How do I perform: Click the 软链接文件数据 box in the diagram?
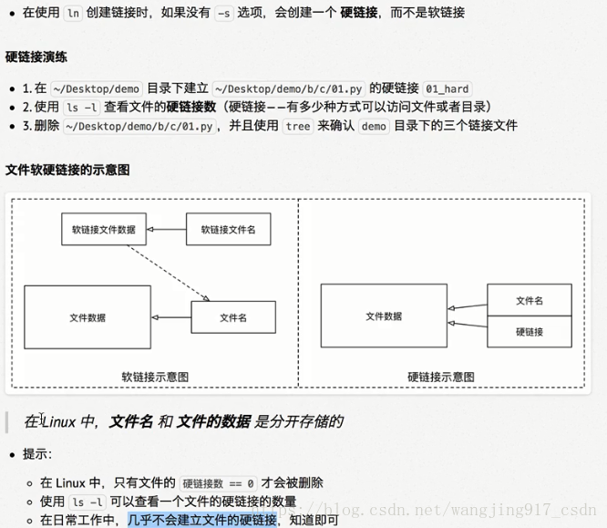(x=104, y=230)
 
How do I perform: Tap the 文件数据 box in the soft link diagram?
(x=87, y=317)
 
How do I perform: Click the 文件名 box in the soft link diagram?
(x=233, y=317)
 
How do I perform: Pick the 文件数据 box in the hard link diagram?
(x=384, y=316)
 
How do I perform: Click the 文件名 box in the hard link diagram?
(x=530, y=300)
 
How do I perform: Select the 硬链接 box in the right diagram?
(x=530, y=332)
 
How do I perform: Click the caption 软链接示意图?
(x=156, y=377)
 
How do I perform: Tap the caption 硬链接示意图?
(x=441, y=377)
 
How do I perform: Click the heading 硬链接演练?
(x=36, y=57)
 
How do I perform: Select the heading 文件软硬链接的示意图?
(x=67, y=170)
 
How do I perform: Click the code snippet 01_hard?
(x=448, y=88)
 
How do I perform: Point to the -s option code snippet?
(x=223, y=13)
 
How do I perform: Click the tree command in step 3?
(x=297, y=126)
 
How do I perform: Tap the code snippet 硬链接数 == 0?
(x=219, y=483)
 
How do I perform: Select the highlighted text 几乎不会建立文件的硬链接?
(x=201, y=520)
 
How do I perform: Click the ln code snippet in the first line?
(x=75, y=13)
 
